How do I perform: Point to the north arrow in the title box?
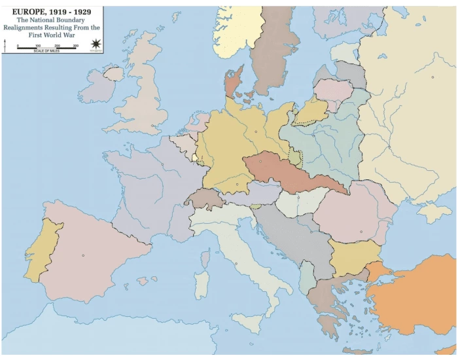tap(6, 45)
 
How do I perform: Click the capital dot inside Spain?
tap(83, 255)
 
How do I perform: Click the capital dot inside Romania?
tap(361, 231)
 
